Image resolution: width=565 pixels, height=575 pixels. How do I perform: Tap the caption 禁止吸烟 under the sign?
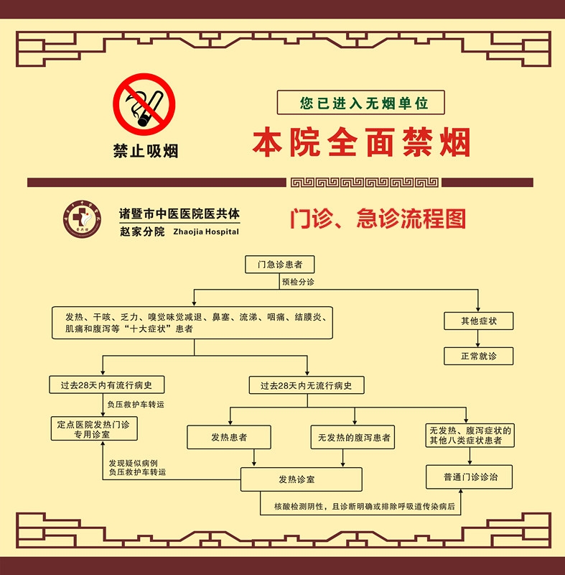click(145, 151)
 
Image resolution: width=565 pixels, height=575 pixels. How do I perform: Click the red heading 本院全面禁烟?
click(361, 143)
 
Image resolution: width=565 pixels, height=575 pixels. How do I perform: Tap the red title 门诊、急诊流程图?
click(378, 218)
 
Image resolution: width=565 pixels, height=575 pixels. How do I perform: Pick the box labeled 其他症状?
click(478, 321)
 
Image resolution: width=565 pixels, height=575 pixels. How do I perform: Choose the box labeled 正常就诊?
click(478, 356)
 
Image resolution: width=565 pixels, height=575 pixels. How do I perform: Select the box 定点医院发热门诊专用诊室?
click(93, 429)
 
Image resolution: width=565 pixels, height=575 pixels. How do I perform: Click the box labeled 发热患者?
click(229, 437)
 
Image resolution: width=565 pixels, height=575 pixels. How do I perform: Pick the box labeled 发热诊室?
click(301, 479)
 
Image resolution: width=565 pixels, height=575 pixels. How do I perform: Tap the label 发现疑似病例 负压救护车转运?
click(137, 468)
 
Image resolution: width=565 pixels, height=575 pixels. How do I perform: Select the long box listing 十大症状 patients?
click(192, 323)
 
